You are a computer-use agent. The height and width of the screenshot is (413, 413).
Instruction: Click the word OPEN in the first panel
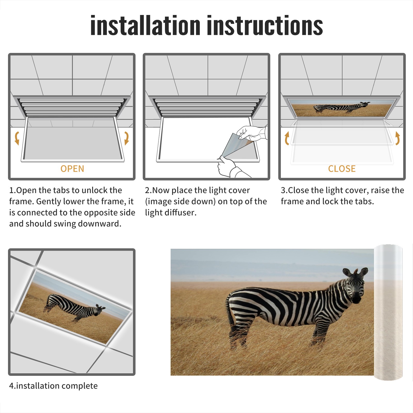click(72, 169)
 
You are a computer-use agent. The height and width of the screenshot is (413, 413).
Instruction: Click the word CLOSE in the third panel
click(342, 169)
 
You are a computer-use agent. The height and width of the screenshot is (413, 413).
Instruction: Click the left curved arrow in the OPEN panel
click(17, 138)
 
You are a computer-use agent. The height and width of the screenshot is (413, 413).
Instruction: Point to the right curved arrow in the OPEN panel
click(126, 138)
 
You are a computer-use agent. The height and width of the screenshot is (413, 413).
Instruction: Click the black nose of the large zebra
click(357, 299)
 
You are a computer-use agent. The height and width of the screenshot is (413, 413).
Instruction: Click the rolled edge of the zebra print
click(388, 312)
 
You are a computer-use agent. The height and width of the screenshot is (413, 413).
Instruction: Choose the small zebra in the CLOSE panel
click(341, 107)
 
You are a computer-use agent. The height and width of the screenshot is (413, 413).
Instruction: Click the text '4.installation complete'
click(53, 386)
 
